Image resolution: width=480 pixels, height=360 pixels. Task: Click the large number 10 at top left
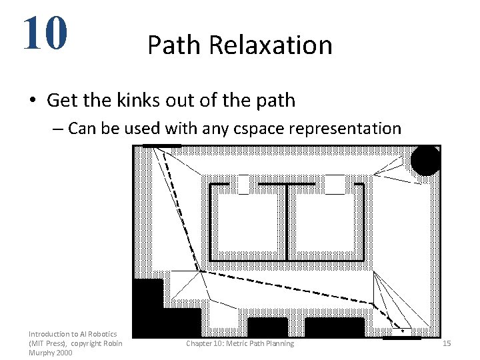[x=45, y=33]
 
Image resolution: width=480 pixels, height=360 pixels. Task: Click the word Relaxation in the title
[x=270, y=45]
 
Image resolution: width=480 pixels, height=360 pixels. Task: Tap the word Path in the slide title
[x=175, y=45]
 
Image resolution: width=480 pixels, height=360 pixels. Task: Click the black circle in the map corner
[x=425, y=161]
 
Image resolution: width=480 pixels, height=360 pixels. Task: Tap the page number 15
[x=447, y=343]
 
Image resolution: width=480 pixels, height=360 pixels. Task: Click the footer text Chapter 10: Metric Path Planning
[x=239, y=343]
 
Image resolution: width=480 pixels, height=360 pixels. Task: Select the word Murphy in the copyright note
[x=42, y=352]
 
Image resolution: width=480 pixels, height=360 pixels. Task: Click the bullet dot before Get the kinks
[x=32, y=101]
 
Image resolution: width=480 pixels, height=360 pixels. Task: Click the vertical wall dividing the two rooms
[x=287, y=222]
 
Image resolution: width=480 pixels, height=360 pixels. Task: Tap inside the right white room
[x=325, y=223]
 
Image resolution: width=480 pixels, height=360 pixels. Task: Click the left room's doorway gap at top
[x=243, y=183]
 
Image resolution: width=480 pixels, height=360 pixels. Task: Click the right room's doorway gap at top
[x=334, y=183]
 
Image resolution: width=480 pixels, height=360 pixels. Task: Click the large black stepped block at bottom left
[x=157, y=313]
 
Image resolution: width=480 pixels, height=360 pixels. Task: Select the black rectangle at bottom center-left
[x=267, y=327]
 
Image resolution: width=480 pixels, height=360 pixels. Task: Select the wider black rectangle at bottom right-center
[x=334, y=327]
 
